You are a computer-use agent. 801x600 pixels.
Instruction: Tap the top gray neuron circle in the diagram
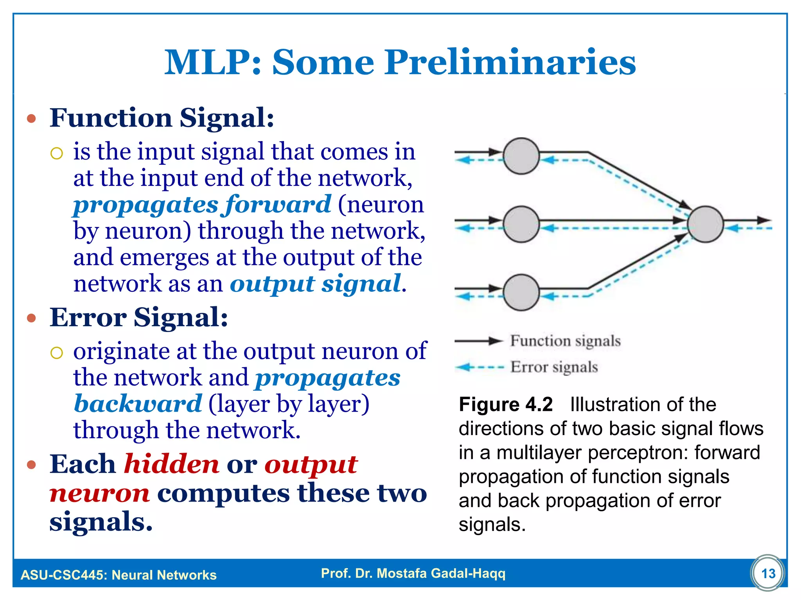521,156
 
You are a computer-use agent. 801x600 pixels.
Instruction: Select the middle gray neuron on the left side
521,224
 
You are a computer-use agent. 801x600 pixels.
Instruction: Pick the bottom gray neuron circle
521,292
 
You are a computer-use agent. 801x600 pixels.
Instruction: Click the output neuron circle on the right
705,224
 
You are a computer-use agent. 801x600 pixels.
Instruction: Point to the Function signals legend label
565,341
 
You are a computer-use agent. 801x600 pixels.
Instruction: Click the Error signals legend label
554,367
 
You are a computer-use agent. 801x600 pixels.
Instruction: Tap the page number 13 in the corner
768,573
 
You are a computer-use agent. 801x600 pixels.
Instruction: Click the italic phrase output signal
315,284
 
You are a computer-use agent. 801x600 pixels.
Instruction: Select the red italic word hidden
171,464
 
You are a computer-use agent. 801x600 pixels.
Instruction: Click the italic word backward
138,404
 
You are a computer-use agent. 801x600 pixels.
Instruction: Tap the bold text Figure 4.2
506,404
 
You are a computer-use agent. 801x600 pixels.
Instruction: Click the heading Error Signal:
139,317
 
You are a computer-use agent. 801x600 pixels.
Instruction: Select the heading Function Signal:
162,118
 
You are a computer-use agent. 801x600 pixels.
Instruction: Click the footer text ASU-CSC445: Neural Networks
119,575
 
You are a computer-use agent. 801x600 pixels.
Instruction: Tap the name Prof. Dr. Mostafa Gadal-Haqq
413,573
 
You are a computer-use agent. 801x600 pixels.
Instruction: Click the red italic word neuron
99,493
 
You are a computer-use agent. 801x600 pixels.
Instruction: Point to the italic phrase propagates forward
202,205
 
